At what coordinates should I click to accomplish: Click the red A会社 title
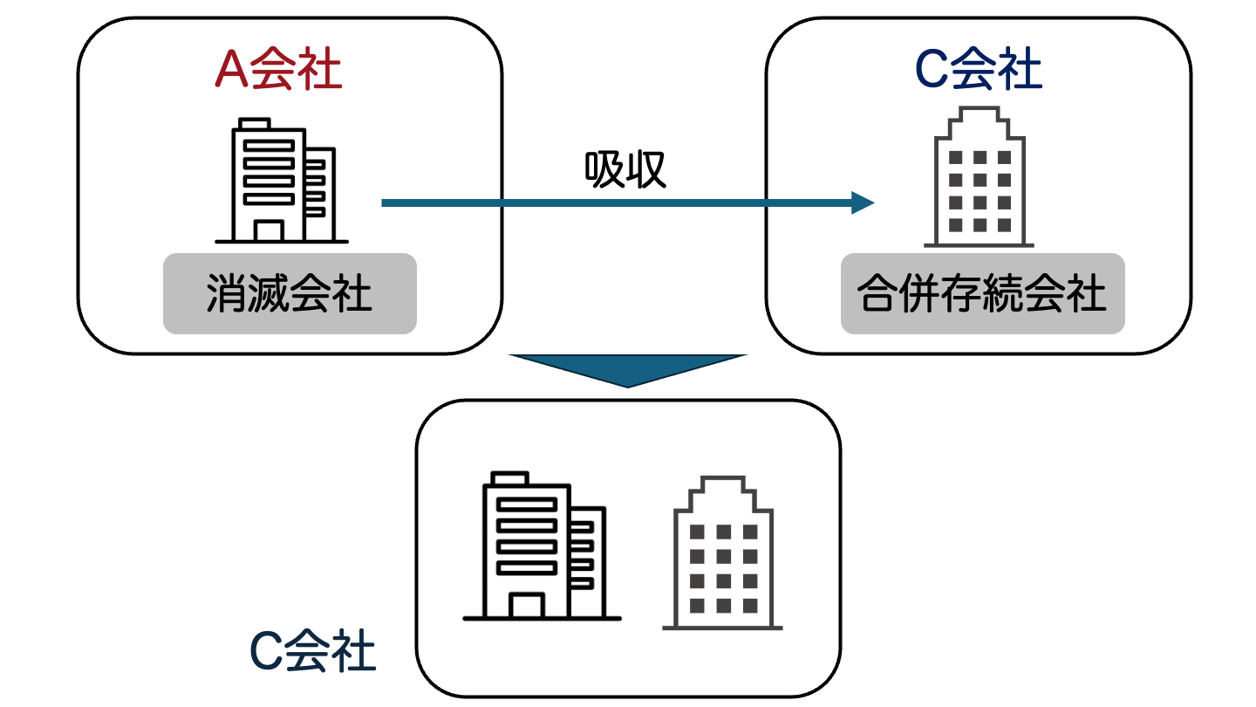278,71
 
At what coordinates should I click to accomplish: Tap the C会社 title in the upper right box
979,71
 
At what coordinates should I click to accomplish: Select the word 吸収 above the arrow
625,169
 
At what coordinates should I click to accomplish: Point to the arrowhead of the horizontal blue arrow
863,202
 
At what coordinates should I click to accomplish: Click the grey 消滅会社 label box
290,293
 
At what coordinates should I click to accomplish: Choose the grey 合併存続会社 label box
982,293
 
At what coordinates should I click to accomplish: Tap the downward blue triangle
628,367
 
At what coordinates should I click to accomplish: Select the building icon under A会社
281,181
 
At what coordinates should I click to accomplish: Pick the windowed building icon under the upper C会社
980,178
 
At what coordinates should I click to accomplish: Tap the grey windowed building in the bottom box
722,553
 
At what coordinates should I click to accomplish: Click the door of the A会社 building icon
269,230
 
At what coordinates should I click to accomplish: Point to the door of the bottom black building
527,604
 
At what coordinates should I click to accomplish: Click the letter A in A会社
230,71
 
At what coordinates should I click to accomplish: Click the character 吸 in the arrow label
604,169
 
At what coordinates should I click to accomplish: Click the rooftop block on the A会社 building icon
254,124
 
